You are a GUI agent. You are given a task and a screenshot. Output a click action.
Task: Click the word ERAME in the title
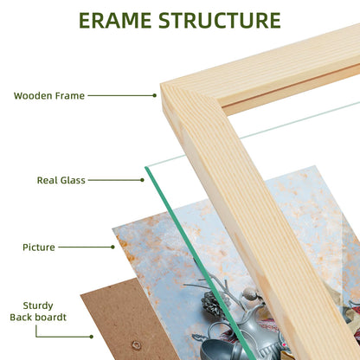click(x=115, y=21)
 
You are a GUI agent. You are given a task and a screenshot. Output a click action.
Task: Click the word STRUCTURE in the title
click(x=220, y=21)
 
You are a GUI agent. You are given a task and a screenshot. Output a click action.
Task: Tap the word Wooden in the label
click(x=33, y=96)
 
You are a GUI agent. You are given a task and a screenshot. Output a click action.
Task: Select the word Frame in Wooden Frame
click(x=70, y=96)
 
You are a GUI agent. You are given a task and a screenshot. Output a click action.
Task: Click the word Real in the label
click(x=46, y=180)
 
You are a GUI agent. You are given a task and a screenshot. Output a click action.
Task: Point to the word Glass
click(x=72, y=180)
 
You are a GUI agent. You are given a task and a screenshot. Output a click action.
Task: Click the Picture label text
click(x=39, y=247)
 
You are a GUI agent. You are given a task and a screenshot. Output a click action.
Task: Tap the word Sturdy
click(x=38, y=305)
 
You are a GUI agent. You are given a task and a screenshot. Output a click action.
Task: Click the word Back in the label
click(x=22, y=318)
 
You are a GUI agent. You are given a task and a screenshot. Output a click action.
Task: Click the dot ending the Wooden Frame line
click(x=155, y=95)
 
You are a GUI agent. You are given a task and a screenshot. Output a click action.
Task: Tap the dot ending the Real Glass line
click(x=142, y=180)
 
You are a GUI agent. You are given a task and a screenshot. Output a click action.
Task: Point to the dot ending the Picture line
click(x=112, y=247)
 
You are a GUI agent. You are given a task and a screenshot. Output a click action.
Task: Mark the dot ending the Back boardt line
click(x=92, y=337)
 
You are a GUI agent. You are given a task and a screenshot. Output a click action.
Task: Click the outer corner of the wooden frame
click(x=161, y=85)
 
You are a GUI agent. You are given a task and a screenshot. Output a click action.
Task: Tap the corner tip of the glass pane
click(x=145, y=167)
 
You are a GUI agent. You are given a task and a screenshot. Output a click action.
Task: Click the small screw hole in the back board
click(x=136, y=345)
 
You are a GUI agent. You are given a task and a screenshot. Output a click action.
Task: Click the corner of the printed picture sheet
click(x=112, y=228)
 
